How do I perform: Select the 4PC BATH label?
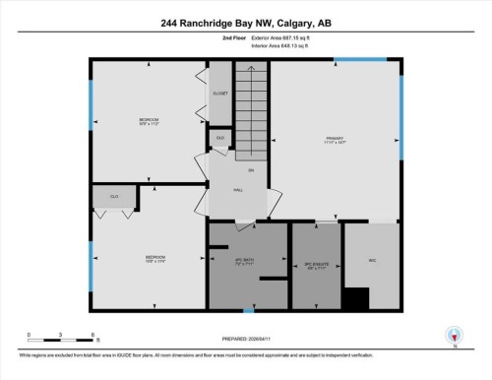(x=246, y=262)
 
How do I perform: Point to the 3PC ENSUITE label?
(x=314, y=265)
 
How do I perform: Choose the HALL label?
(x=237, y=190)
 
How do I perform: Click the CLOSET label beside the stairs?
(x=219, y=94)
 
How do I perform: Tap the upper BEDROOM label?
(x=150, y=122)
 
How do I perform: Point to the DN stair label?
(x=251, y=171)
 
